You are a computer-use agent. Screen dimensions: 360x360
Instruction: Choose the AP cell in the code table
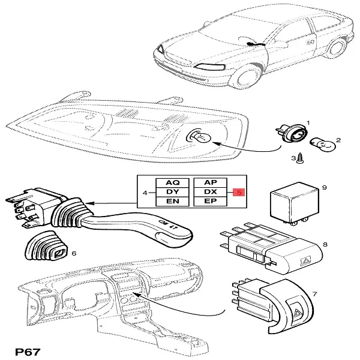click(211, 181)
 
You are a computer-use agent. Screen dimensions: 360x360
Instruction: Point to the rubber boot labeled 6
click(50, 245)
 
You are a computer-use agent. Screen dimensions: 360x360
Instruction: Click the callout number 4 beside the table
click(145, 193)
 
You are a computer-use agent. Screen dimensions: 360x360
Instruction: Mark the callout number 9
click(323, 188)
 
